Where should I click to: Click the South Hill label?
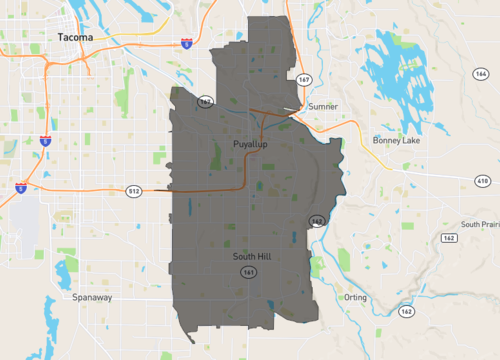[x=253, y=257]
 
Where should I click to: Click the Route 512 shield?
[x=133, y=190]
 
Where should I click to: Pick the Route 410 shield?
[x=482, y=180]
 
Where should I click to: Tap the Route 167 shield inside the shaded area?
[x=206, y=101]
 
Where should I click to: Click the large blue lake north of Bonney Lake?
[x=395, y=75]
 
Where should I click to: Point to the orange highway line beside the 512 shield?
[x=100, y=188]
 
